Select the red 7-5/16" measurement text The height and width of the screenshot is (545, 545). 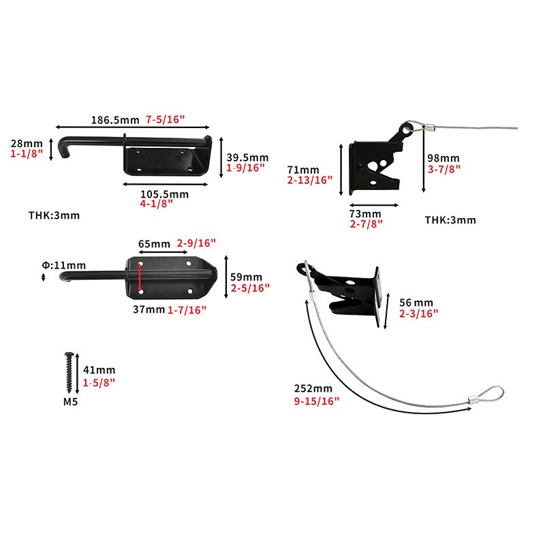[x=166, y=120]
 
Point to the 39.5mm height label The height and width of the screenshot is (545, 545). [x=247, y=157]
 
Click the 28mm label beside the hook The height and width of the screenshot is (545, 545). [x=27, y=144]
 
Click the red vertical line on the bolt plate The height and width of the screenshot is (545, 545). [x=140, y=277]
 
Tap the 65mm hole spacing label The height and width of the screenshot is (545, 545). [x=155, y=243]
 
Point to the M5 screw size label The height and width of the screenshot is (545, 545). [x=70, y=402]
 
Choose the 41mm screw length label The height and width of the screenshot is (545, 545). [x=97, y=369]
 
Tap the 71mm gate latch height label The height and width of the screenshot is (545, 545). [x=303, y=169]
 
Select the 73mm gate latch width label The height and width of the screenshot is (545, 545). [x=365, y=213]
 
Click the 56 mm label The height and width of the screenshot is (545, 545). [x=416, y=302]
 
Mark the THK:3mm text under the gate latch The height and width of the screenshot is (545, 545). [x=450, y=220]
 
